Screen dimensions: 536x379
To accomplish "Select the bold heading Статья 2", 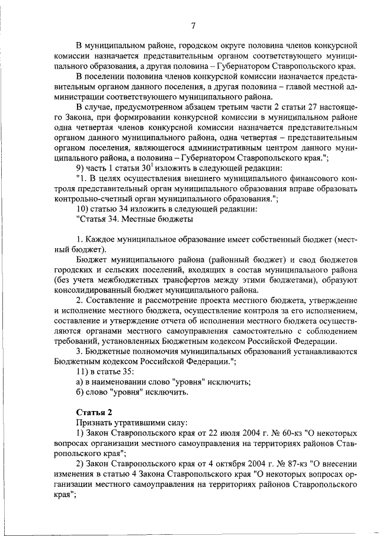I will tap(94, 412).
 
